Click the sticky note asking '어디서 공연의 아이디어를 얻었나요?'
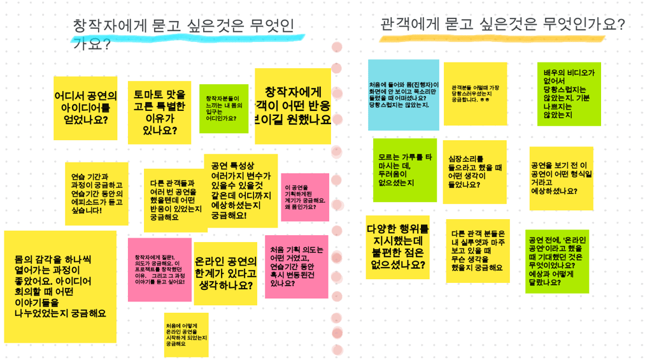[85, 108]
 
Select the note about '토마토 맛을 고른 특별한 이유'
[159, 112]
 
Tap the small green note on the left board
[223, 109]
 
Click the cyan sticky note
[403, 94]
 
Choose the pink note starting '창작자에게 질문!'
[159, 270]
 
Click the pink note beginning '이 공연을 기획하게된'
[305, 197]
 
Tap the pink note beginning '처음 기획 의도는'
[297, 266]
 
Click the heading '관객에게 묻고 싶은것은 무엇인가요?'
[502, 25]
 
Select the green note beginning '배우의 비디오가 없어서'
[569, 94]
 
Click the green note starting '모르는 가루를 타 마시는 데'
[405, 169]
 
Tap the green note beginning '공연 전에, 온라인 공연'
[557, 261]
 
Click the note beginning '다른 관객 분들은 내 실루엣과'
[478, 250]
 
